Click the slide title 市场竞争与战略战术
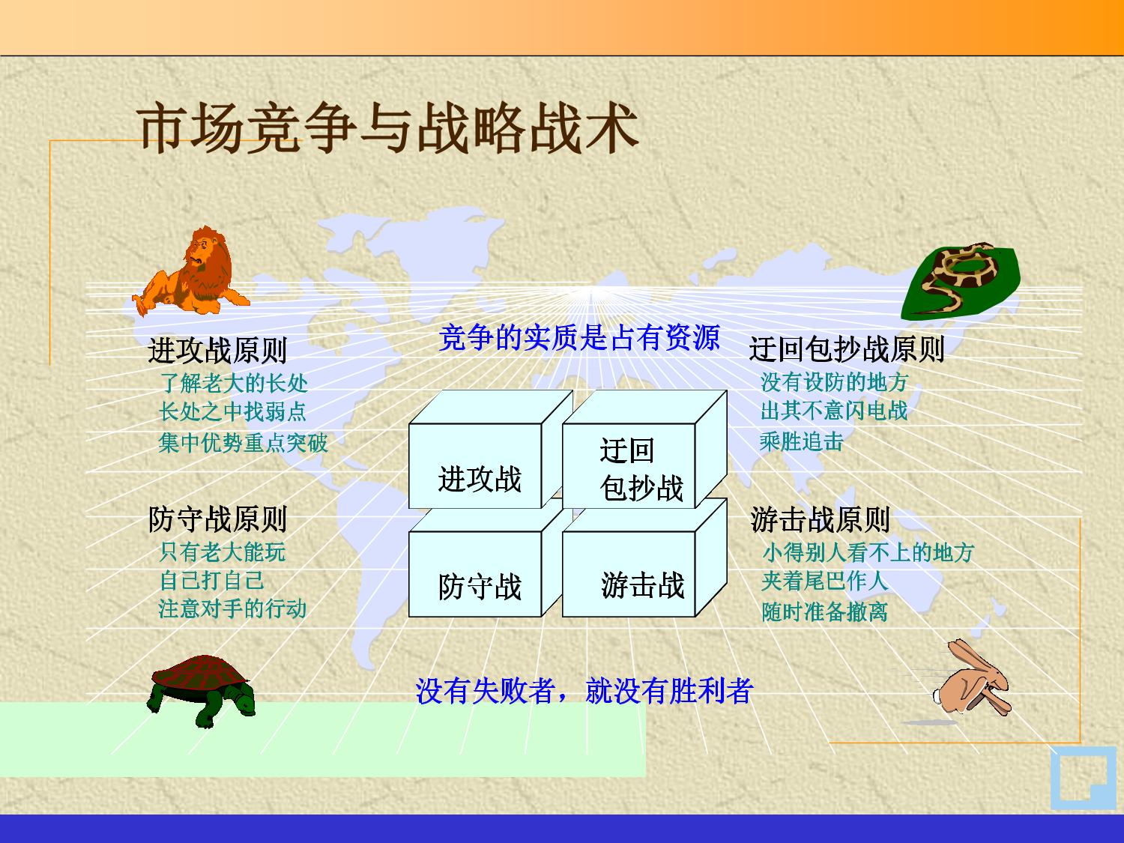[387, 128]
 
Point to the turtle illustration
[202, 690]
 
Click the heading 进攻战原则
[217, 351]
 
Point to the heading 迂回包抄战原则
[847, 349]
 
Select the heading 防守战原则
[217, 519]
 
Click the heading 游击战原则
[820, 519]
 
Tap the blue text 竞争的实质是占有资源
[579, 337]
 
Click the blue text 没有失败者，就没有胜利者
[584, 690]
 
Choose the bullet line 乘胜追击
[801, 441]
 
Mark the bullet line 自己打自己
[211, 581]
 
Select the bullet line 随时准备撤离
[824, 611]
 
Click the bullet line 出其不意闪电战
[834, 411]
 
